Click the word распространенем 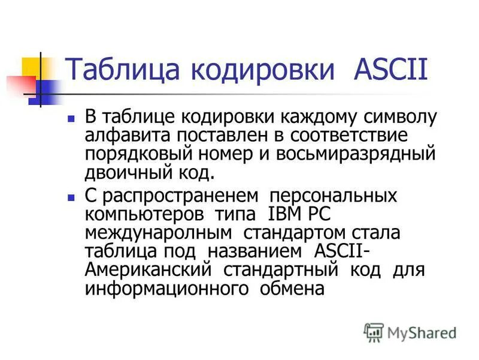[x=172, y=196]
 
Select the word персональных [x=333, y=196]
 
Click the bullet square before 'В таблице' [x=71, y=118]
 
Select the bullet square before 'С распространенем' [x=71, y=197]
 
